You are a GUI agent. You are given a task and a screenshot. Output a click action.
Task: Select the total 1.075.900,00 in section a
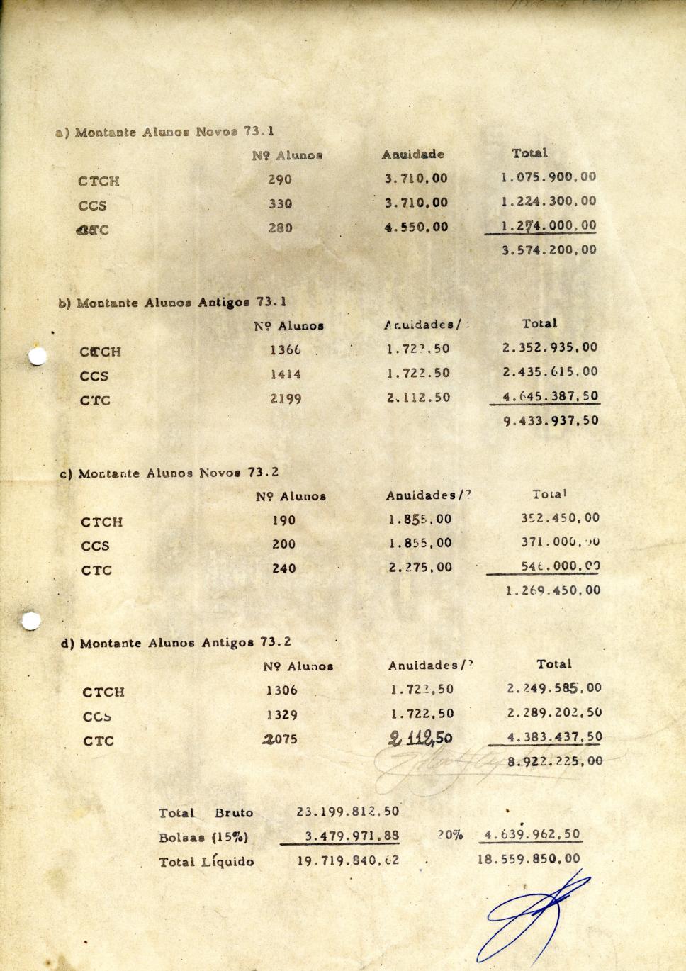(549, 177)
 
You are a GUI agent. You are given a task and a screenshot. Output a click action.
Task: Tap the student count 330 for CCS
(280, 203)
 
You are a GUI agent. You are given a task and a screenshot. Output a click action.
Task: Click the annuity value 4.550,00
(416, 228)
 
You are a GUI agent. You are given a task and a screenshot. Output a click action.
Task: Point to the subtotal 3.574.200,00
(549, 249)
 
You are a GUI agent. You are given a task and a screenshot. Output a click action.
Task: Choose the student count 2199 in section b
(286, 399)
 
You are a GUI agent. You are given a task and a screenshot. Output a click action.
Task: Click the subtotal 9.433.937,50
(551, 420)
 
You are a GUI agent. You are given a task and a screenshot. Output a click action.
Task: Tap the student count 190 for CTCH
(283, 520)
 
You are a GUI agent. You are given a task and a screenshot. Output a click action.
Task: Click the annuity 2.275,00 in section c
(420, 567)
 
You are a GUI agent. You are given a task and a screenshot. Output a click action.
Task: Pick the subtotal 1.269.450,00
(553, 590)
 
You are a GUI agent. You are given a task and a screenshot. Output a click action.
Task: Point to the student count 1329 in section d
(282, 715)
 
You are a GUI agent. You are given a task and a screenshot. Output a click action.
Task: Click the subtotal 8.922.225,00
(554, 761)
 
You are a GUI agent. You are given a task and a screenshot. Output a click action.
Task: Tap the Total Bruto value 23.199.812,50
(347, 812)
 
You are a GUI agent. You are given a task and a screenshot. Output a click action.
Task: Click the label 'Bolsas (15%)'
(203, 837)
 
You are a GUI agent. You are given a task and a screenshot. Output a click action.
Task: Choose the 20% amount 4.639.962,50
(532, 834)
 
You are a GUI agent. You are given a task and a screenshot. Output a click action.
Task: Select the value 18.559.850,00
(528, 859)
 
